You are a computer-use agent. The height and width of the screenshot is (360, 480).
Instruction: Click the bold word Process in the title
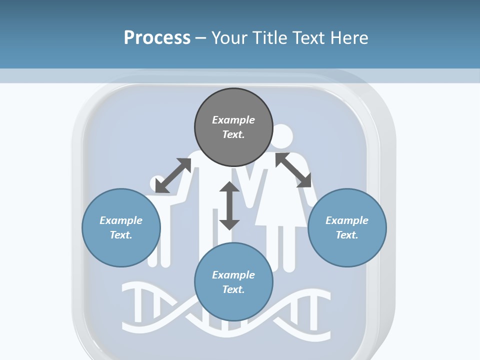tap(157, 38)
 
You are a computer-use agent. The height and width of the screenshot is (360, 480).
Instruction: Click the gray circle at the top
tap(233, 127)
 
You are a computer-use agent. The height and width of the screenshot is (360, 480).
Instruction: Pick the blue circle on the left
tap(121, 227)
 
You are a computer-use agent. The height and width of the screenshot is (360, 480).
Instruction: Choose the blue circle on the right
tap(347, 227)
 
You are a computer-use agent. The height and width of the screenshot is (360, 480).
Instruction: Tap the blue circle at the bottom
tap(233, 282)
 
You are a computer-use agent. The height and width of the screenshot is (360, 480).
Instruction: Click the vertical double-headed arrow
tap(229, 205)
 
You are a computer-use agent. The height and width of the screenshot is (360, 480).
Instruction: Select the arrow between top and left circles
tap(173, 175)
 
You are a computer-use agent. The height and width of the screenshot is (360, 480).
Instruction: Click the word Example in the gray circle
tap(233, 120)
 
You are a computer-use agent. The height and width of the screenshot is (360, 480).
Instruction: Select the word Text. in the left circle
tap(121, 235)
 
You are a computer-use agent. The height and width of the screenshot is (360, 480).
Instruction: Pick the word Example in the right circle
tap(347, 220)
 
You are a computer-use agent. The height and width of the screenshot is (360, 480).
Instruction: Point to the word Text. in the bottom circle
tap(233, 289)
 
